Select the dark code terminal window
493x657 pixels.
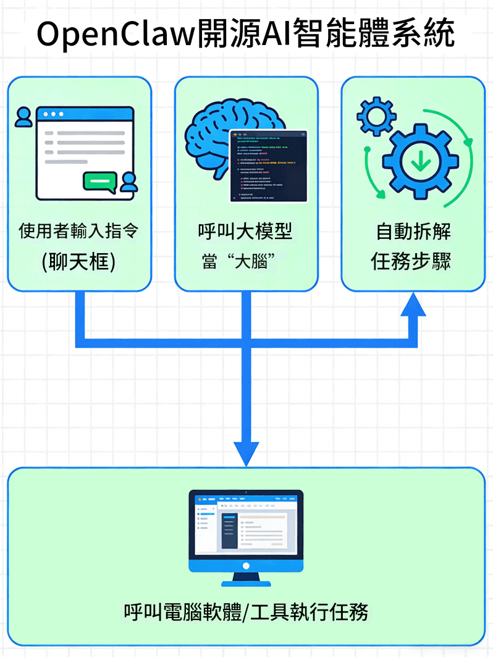268,165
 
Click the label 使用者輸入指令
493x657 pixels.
79,232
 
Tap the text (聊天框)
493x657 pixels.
79,261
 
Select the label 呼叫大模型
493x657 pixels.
245,232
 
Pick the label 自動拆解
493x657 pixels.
413,232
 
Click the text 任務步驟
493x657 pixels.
413,261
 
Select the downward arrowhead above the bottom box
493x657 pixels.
246,454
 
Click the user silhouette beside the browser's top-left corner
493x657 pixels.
23,117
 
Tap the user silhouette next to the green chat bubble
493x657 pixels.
129,182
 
